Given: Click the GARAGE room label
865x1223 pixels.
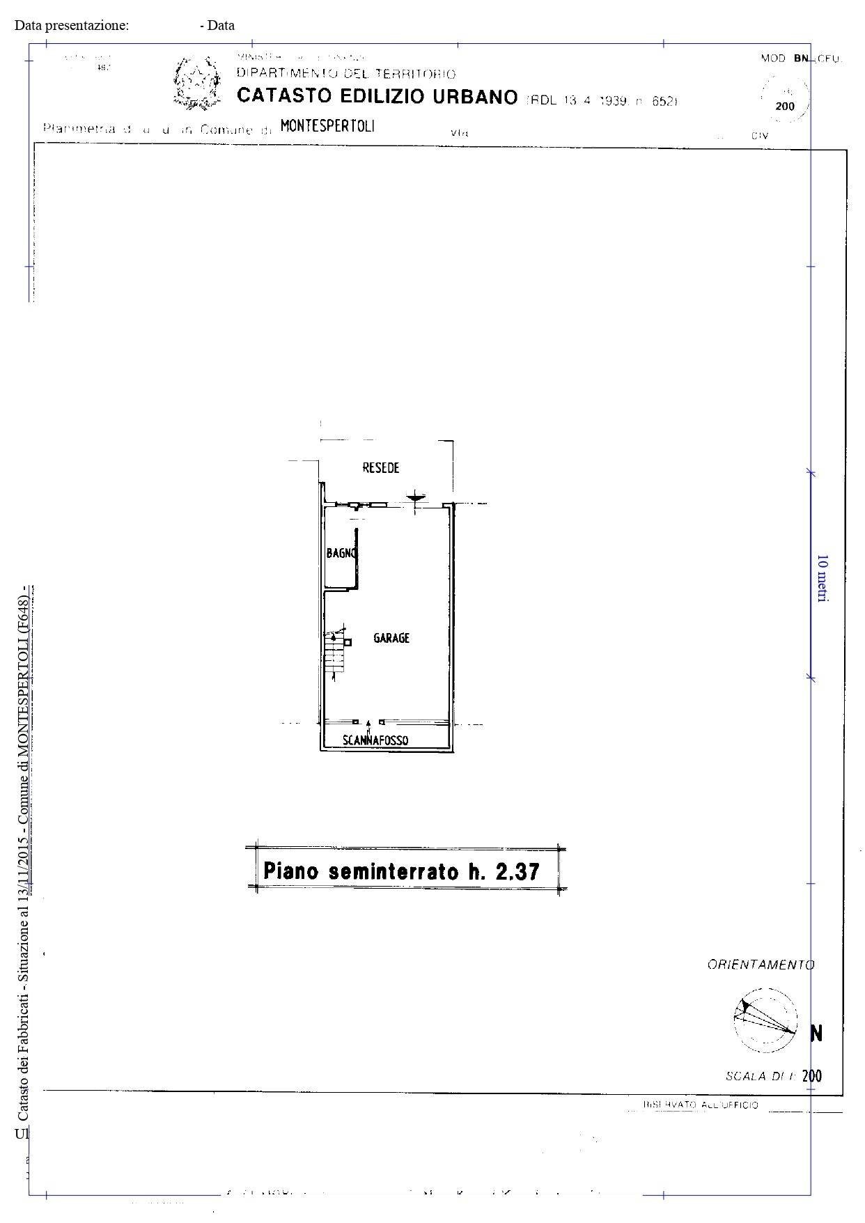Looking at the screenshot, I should [391, 638].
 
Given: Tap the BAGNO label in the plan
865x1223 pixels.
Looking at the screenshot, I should [341, 554].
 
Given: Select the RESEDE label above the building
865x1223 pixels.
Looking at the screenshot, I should [381, 468].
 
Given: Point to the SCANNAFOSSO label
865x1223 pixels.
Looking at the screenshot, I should [375, 740].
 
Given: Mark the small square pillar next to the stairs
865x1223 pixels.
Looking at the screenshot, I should [348, 642].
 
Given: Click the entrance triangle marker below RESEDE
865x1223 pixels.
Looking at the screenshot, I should [416, 497].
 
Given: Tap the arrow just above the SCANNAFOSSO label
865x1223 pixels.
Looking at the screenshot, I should [368, 724].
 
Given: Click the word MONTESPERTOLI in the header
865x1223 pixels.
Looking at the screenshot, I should [327, 126].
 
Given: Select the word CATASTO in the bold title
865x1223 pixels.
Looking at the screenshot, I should [282, 96].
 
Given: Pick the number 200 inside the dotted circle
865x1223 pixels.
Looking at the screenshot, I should [785, 107].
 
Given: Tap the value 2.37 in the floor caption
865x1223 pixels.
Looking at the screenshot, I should [517, 871].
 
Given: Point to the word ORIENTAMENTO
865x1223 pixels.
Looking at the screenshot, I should [761, 965].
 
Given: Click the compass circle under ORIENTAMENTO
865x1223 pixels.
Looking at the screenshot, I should [765, 1020].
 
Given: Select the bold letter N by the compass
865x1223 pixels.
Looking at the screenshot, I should [817, 1034].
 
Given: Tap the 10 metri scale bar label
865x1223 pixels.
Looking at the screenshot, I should [822, 578].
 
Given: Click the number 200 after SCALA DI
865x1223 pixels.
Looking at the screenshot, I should [812, 1075].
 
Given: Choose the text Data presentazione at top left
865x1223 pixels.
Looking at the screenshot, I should [72, 26].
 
